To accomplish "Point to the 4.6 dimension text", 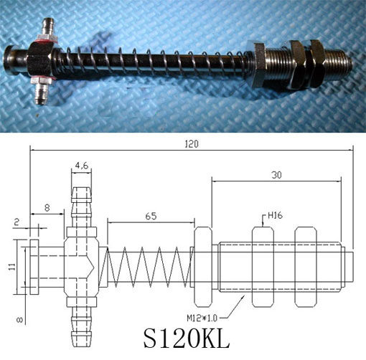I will point(81,166).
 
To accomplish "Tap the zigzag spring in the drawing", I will point(148,267).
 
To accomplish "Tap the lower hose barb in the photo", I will point(40,91).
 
